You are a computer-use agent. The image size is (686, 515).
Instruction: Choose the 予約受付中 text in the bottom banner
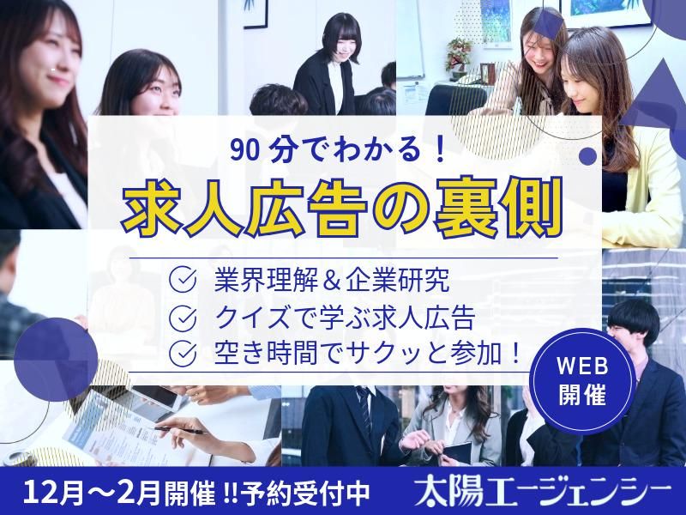pos(320,493)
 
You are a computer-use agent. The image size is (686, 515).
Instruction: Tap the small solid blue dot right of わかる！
pos(588,155)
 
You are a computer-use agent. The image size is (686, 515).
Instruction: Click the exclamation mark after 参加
pos(514,353)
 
